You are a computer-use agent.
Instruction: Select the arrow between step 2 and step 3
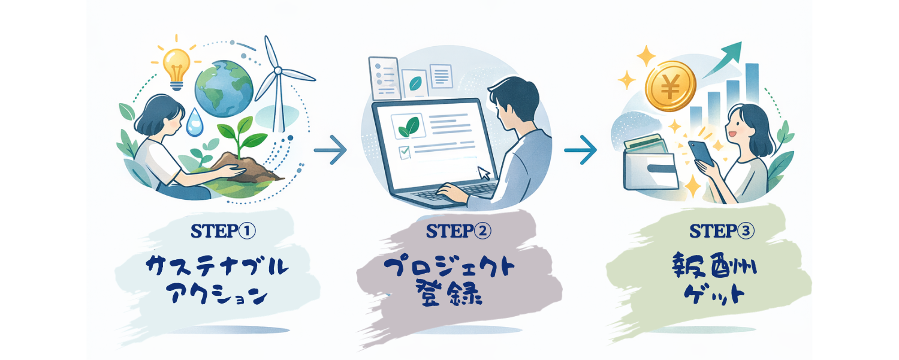click(x=580, y=149)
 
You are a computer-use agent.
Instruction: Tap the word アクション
click(x=215, y=295)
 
